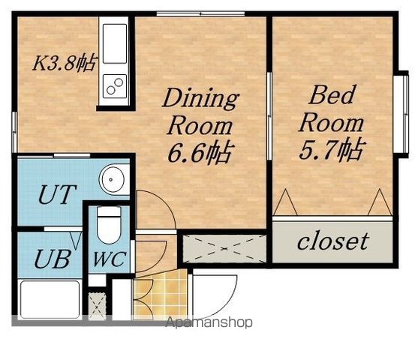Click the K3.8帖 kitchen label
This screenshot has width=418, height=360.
coord(64,63)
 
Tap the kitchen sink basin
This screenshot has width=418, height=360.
coord(115,43)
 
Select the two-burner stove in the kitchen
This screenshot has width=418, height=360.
coord(115,85)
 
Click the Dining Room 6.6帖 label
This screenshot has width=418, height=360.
coord(200,125)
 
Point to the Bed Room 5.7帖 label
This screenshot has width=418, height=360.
coord(332,122)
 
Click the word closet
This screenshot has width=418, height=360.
coord(333,241)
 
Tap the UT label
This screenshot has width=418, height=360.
coord(57,194)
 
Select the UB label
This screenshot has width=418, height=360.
coord(53,259)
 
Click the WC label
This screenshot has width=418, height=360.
coord(110,259)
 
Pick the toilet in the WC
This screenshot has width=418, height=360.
coord(109,225)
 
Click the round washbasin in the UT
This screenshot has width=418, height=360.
coord(112,179)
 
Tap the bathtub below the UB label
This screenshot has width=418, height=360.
coord(50,299)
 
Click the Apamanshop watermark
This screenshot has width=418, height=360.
coord(209,322)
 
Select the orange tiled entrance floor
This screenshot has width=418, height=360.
coord(161,295)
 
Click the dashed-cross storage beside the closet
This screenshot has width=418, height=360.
coord(224,248)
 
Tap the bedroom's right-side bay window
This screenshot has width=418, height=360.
coord(401,114)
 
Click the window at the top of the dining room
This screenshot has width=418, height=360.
coord(200,13)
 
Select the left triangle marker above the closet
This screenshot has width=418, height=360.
coord(286,202)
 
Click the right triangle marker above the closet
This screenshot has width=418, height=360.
coord(380,202)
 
